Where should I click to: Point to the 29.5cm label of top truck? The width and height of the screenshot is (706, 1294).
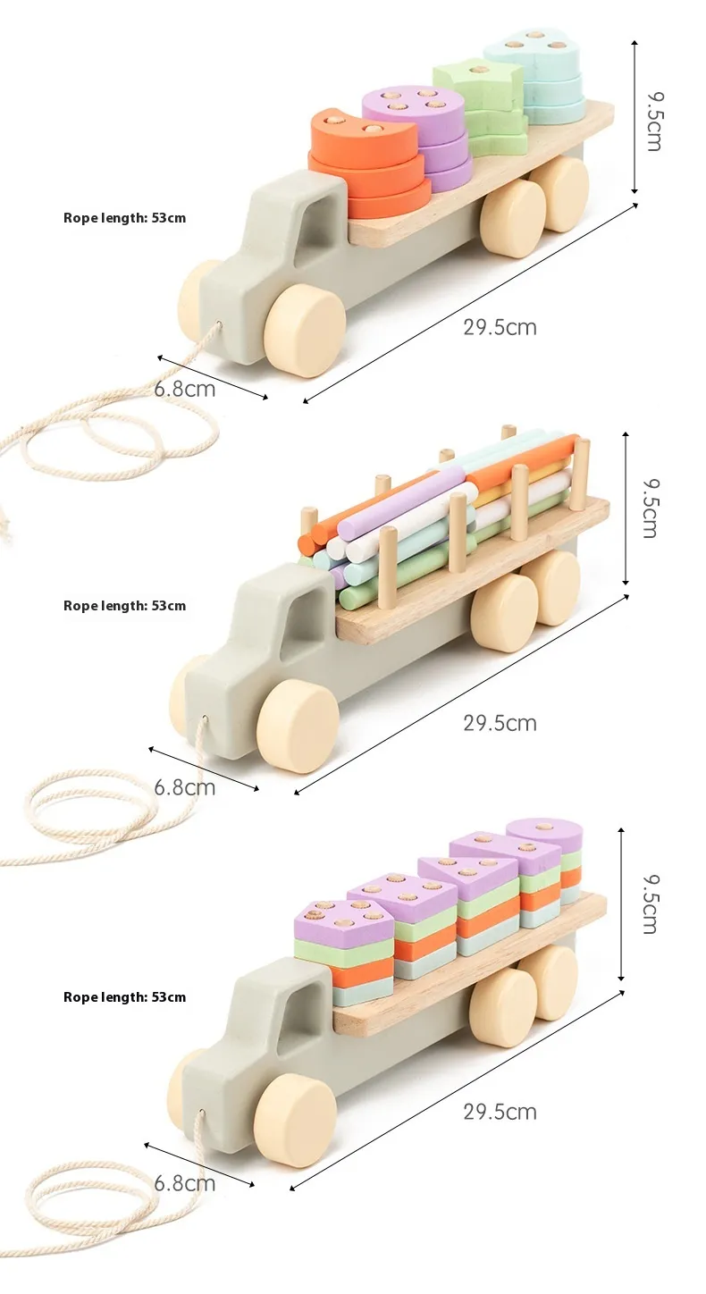click(500, 327)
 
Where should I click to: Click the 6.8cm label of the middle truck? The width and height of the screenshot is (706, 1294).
click(185, 787)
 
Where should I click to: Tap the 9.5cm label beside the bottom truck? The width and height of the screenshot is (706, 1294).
click(649, 903)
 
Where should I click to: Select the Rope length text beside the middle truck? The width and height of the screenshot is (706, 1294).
click(125, 606)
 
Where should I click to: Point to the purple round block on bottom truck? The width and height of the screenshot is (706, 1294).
click(545, 834)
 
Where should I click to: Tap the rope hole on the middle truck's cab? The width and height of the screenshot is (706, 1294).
click(205, 719)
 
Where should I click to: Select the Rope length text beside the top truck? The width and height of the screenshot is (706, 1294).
click(125, 218)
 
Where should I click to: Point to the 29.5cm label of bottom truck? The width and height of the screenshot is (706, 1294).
click(500, 1112)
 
